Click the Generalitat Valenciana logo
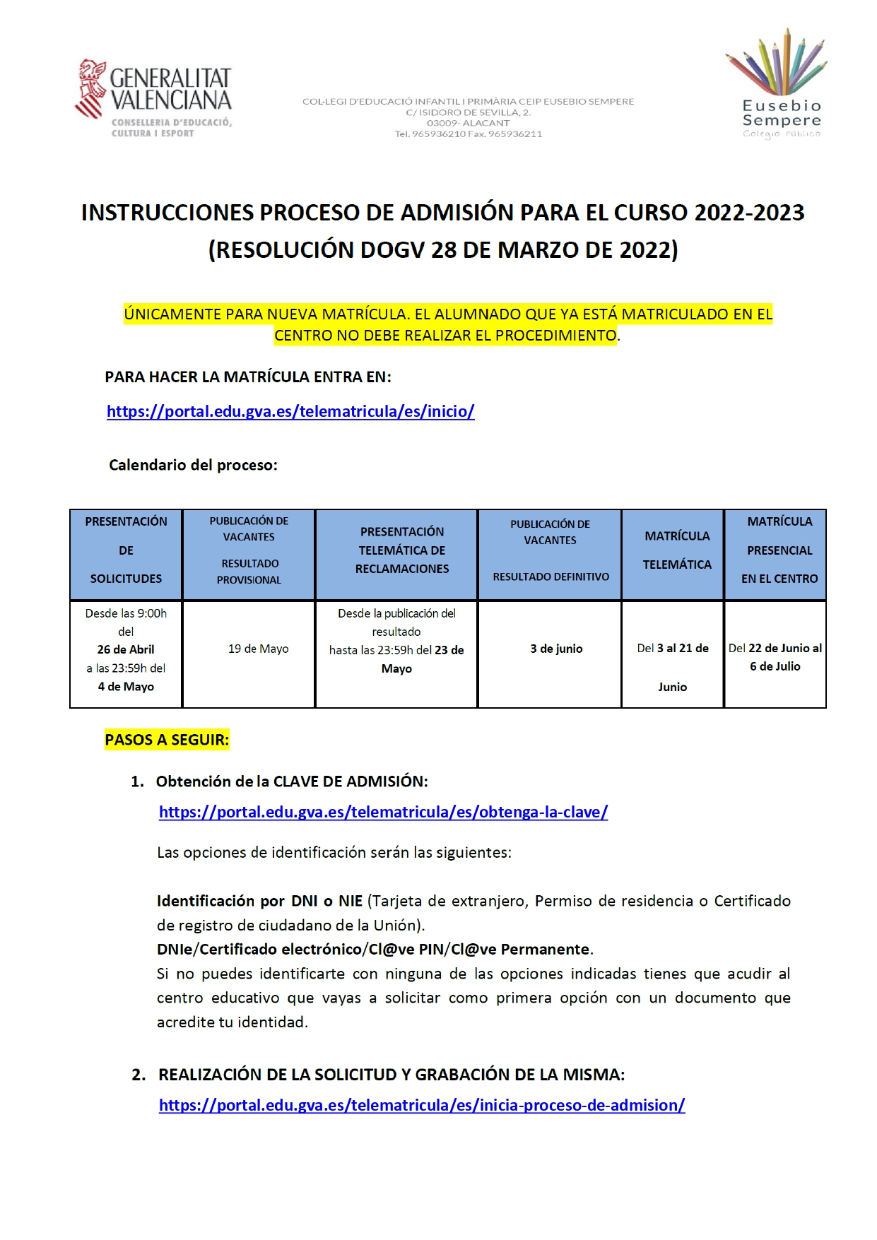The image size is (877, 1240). tap(153, 98)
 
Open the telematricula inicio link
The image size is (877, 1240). tap(290, 411)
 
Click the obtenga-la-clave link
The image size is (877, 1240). tap(383, 812)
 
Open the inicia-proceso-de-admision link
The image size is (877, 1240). tap(421, 1105)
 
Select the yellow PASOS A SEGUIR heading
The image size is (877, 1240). tap(167, 740)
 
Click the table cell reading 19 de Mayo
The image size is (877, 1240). tap(258, 649)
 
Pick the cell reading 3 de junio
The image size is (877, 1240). tap(556, 649)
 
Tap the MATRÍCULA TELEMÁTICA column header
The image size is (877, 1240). tap(676, 550)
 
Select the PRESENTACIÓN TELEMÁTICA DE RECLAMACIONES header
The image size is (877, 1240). tap(401, 550)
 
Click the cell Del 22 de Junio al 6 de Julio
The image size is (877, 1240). tap(775, 657)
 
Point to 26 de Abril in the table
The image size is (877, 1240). tap(126, 649)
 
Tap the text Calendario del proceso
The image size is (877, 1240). tap(193, 465)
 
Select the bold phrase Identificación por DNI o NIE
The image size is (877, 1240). tap(259, 901)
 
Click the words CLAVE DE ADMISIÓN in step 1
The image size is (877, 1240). tap(350, 781)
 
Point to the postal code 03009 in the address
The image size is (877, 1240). tap(442, 123)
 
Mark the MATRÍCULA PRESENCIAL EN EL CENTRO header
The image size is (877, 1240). tap(779, 550)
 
